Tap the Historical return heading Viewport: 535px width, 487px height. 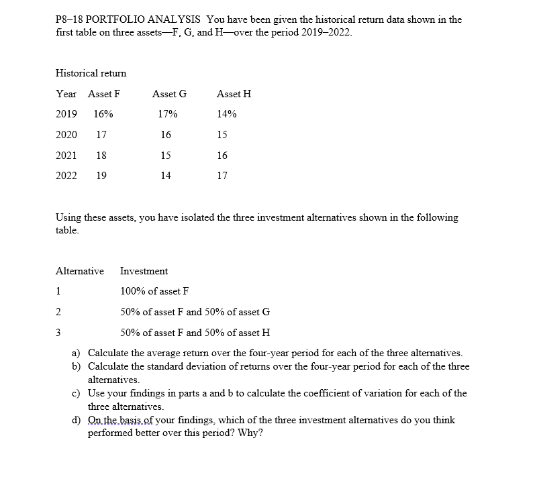pyautogui.click(x=91, y=72)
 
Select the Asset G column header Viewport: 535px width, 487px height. pyautogui.click(x=169, y=94)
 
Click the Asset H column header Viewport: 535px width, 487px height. pyautogui.click(x=234, y=94)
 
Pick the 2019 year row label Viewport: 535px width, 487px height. pyautogui.click(x=66, y=114)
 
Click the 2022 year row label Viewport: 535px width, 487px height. pyautogui.click(x=66, y=176)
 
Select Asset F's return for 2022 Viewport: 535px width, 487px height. pyautogui.click(x=101, y=176)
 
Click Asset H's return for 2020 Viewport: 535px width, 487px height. pyautogui.click(x=222, y=135)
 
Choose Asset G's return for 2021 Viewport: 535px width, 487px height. pyautogui.click(x=166, y=156)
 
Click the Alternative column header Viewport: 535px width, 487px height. pyautogui.click(x=79, y=271)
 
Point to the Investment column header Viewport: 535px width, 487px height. pyautogui.click(x=144, y=271)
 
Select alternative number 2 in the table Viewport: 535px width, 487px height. pyautogui.click(x=58, y=312)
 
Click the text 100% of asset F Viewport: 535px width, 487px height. pyautogui.click(x=154, y=291)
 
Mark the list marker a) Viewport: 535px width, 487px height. pyautogui.click(x=77, y=353)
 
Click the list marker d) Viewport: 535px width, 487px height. pyautogui.click(x=77, y=421)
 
